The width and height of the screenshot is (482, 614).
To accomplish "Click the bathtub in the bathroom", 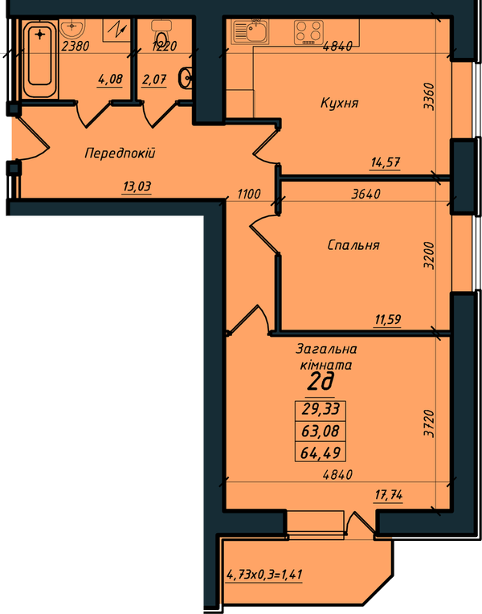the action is coord(39,59).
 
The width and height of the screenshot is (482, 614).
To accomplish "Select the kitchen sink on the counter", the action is coord(250,31).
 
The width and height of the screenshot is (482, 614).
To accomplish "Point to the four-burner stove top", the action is coord(308,32).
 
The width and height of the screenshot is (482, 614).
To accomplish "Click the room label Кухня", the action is coord(339,103).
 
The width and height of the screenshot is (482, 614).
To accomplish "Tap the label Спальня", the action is coord(353,245).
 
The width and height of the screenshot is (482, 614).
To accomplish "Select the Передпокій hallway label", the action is coord(120,153).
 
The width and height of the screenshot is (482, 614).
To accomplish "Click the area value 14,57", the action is coord(386,162).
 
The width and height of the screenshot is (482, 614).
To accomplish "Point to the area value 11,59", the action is coord(388,320).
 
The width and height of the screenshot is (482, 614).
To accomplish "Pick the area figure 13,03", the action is coord(137,186).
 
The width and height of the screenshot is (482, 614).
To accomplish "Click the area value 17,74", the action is coord(389,495).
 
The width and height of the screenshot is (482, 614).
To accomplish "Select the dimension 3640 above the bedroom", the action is coord(366,194).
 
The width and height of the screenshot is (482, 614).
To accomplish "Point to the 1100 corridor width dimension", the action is coord(249,194).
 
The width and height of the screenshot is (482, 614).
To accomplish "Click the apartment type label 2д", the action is coord(320,383).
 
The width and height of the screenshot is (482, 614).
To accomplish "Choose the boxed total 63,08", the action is coord(320,431).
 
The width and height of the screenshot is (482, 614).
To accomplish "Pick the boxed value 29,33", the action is coord(321,409).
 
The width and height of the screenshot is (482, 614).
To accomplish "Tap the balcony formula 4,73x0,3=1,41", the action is coord(264,575).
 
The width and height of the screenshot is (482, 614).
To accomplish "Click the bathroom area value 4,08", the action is coord(110,80).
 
